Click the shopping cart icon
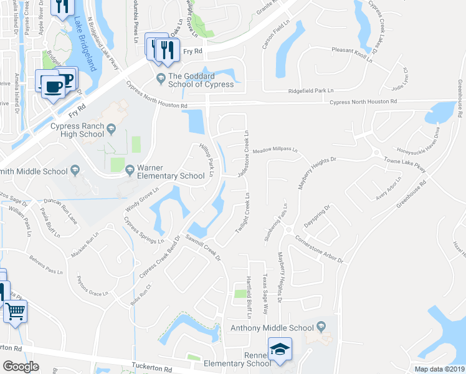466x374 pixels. tap(15, 311)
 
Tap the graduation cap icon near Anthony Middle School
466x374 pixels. tap(280, 350)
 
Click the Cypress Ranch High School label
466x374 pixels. tap(77, 130)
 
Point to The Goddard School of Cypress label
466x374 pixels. tap(201, 80)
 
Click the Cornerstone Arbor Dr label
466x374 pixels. tap(320, 250)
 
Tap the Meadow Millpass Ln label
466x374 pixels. tap(275, 150)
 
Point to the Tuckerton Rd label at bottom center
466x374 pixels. tap(152, 368)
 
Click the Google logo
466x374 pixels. tap(21, 367)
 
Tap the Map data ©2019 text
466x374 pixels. tap(439, 369)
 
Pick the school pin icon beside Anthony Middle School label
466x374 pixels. tap(321, 327)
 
